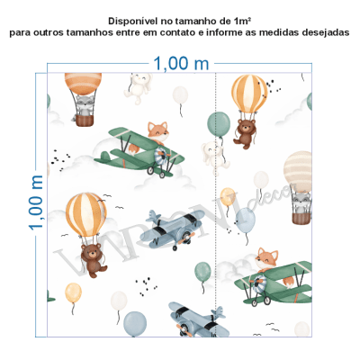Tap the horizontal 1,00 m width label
(x=181, y=64)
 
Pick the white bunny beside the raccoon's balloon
(x=137, y=86)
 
